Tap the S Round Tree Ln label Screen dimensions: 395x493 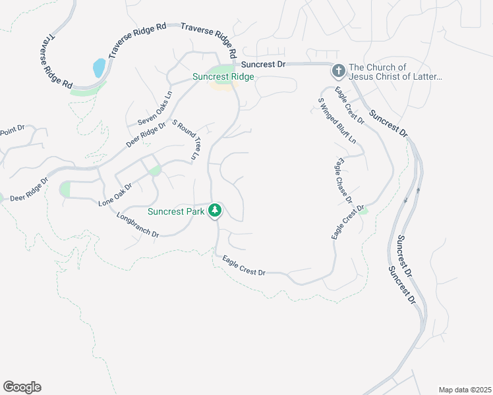(185, 140)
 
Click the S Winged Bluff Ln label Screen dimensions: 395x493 (337, 120)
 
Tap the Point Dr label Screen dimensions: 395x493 (13, 129)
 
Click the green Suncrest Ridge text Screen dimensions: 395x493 (223, 76)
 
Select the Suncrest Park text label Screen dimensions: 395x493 (176, 211)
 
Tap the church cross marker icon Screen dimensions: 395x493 (337, 69)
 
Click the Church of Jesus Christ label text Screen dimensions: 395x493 (395, 72)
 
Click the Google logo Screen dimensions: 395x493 (22, 387)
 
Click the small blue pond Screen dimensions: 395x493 (99, 67)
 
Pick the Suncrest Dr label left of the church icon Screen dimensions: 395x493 (263, 65)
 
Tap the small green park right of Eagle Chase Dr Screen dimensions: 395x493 (362, 210)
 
